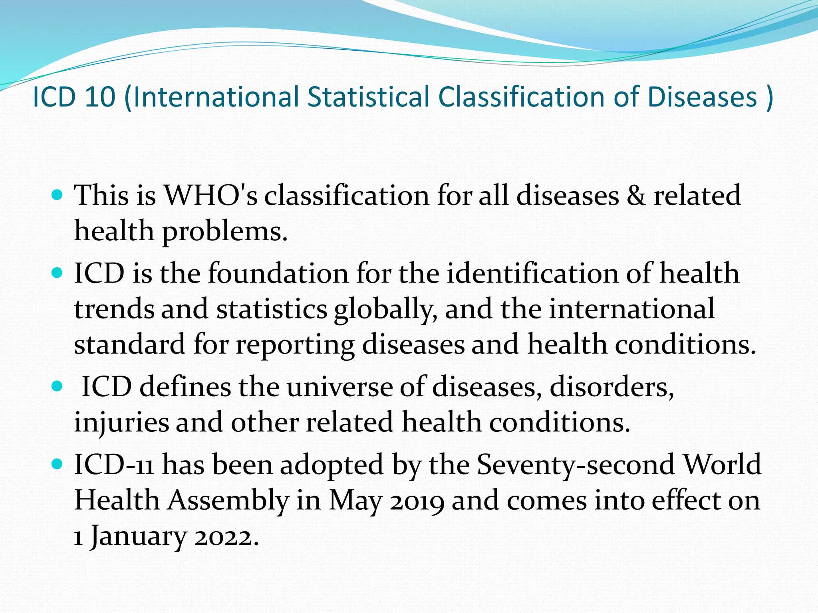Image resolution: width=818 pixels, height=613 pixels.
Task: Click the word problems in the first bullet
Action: pos(225,231)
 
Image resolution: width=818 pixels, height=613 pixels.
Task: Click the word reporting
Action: pos(295,344)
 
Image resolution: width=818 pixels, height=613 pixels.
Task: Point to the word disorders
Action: pos(612,387)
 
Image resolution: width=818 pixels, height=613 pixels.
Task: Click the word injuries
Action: pos(121,422)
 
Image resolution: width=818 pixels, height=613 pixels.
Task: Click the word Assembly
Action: pos(228,500)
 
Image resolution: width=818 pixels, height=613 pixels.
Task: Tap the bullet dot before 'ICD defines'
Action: pos(58,386)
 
